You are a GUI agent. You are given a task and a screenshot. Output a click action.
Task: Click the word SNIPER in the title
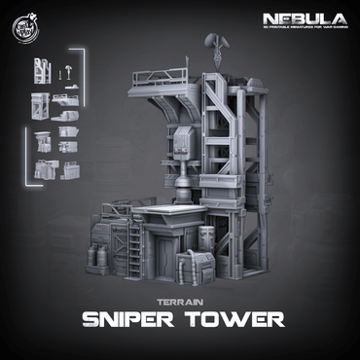[x=131, y=320]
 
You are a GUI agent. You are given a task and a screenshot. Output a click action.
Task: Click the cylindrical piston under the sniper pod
[x=184, y=185]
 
